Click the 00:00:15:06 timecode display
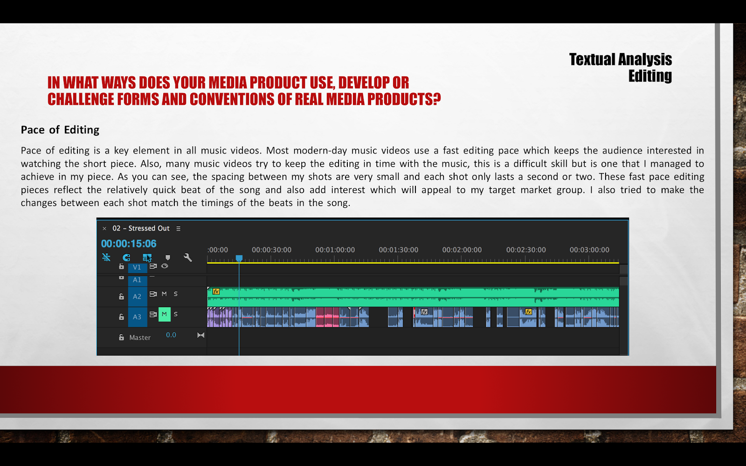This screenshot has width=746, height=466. (129, 244)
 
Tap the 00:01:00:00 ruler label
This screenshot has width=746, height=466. (335, 250)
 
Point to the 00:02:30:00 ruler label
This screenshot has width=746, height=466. (526, 250)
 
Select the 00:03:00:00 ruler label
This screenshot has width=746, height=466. (589, 250)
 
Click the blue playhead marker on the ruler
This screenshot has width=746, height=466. (239, 258)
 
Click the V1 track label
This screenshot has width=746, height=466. (137, 267)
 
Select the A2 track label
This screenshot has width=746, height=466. (137, 296)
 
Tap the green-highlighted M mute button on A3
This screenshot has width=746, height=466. (164, 314)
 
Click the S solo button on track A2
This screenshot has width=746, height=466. (175, 294)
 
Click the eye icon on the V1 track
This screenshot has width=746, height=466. (165, 266)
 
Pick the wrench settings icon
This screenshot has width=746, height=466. (188, 257)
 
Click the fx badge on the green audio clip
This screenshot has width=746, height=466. (216, 292)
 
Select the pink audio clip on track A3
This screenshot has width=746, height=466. (327, 317)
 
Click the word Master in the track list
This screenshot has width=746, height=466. (140, 337)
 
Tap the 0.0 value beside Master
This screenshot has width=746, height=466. (171, 335)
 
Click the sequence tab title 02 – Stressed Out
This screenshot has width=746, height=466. (141, 228)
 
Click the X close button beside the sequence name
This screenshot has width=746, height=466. (104, 228)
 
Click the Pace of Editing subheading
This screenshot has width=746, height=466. (60, 130)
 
